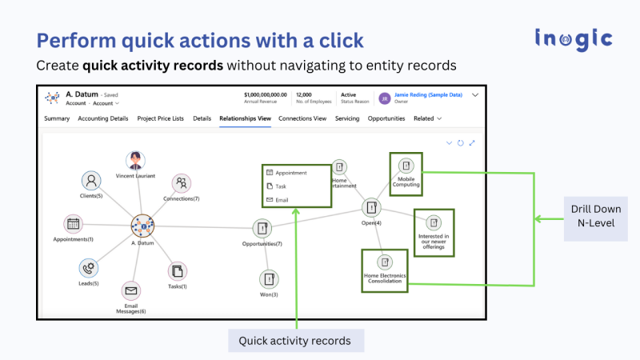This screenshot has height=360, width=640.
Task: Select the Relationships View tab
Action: coord(245,118)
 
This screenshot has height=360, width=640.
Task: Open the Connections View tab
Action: coord(302,118)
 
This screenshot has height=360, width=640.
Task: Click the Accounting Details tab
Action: coord(103,118)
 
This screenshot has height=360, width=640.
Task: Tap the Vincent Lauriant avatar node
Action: coord(136,160)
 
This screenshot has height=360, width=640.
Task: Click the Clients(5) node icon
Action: coord(92,181)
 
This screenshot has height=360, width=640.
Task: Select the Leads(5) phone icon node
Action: coord(89,267)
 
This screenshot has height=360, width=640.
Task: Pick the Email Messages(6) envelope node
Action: coord(130,291)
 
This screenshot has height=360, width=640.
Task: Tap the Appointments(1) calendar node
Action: coord(74,224)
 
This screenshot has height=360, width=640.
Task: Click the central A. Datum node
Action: coord(142,226)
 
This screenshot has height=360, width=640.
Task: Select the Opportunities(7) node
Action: coord(262,229)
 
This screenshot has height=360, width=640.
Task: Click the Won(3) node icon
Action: coord(269,279)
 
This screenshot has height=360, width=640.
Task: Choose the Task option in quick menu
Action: coord(281,186)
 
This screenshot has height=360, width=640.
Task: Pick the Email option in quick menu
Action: coord(281,199)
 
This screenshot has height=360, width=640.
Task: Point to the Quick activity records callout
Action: coord(295,341)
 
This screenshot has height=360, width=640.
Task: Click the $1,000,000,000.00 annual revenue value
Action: coord(265,94)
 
